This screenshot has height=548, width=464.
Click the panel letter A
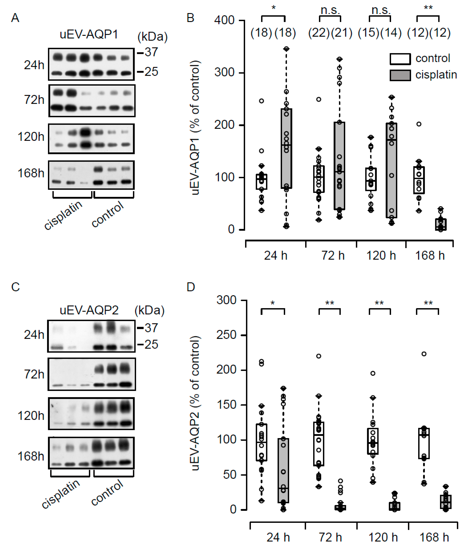(x=15, y=18)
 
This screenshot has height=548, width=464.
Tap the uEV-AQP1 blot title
(x=89, y=34)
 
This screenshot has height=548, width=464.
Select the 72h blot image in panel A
(x=92, y=101)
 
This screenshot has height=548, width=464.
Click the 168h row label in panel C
(x=31, y=456)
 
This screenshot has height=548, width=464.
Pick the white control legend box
(x=400, y=59)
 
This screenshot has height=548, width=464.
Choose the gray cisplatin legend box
(x=400, y=75)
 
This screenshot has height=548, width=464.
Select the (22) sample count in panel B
(x=319, y=33)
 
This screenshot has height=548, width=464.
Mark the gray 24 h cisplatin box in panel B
(x=286, y=148)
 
